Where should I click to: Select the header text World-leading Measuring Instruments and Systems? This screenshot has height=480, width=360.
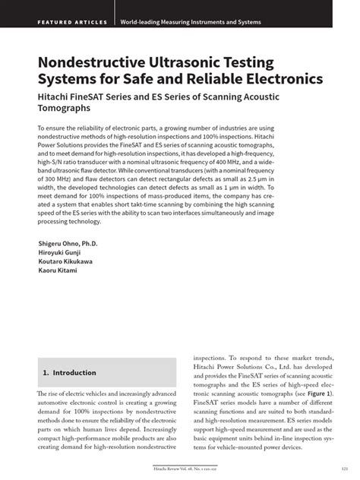[x=191, y=22]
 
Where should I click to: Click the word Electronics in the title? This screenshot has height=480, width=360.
[x=279, y=78]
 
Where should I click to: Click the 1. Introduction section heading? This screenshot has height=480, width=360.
[x=69, y=373]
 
